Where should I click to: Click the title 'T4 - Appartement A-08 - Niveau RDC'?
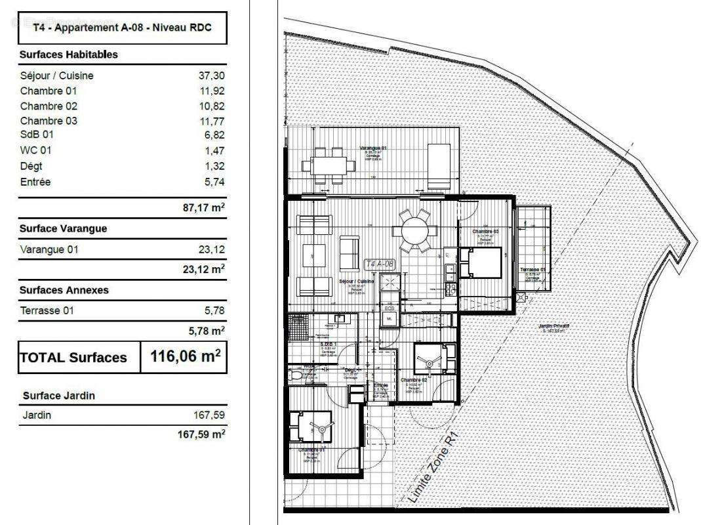(122, 28)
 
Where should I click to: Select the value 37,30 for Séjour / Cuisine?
(211, 75)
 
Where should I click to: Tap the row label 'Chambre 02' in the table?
(49, 106)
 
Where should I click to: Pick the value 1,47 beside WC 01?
(214, 150)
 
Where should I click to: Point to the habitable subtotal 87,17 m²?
(203, 208)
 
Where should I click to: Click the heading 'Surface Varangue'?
(63, 228)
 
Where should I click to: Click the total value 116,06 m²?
(185, 357)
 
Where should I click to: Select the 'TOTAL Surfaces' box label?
(73, 358)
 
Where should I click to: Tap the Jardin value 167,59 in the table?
(209, 415)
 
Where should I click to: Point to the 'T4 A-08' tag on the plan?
(379, 264)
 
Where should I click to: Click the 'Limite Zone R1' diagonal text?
(433, 467)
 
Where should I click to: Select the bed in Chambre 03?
(481, 262)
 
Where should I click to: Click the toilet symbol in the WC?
(295, 375)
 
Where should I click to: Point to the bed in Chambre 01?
(313, 427)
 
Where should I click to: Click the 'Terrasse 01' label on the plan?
(533, 270)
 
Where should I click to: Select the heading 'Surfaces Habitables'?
(69, 54)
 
